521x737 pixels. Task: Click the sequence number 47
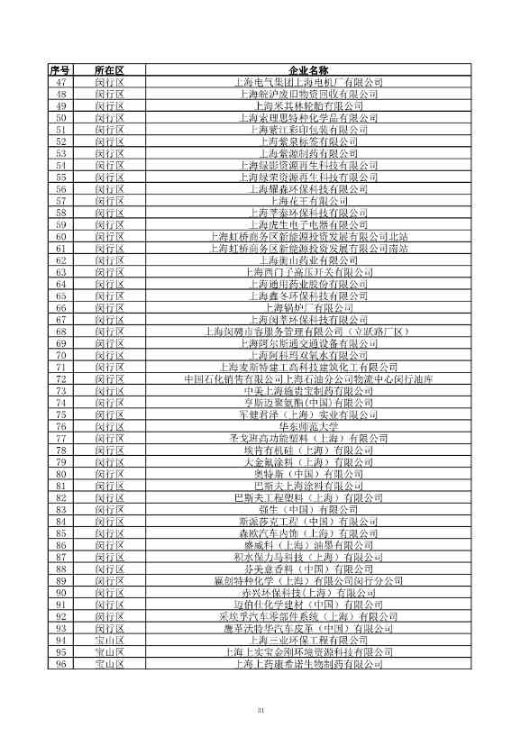tap(61, 82)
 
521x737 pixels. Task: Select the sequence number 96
tap(61, 665)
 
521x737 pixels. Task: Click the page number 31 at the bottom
tap(260, 712)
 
